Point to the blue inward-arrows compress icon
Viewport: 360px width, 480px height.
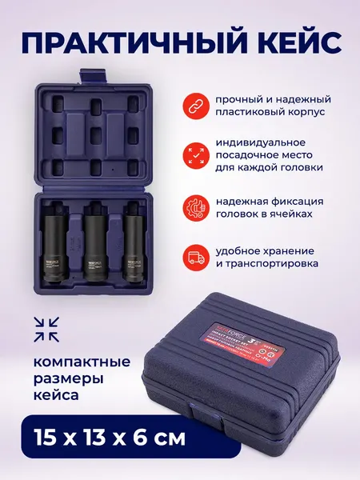point(47,326)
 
